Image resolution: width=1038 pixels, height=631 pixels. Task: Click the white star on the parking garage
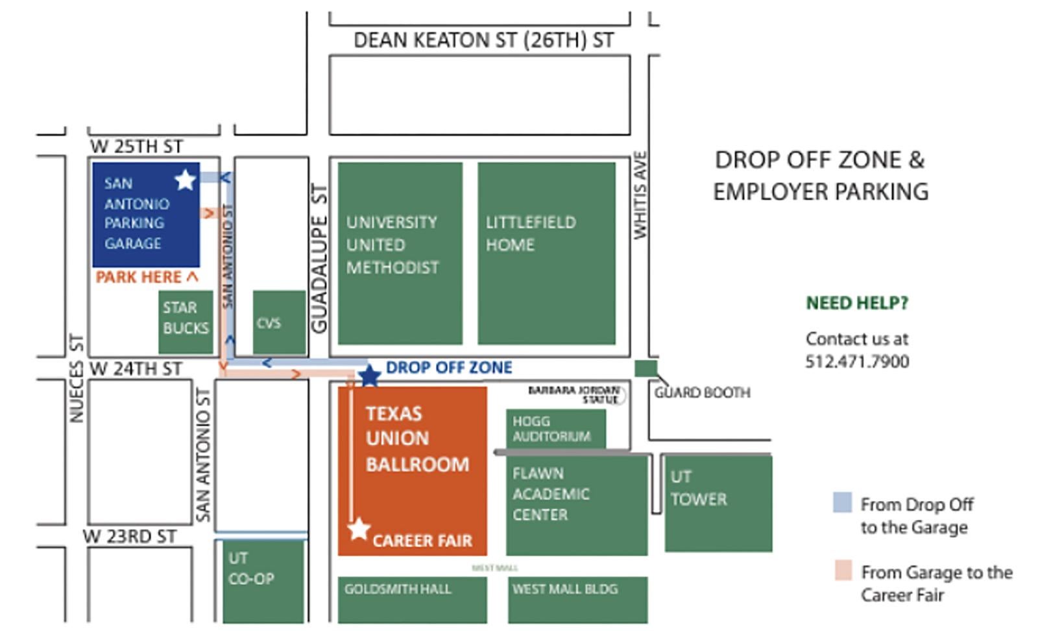[x=185, y=180]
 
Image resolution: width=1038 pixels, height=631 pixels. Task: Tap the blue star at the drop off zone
[x=369, y=375]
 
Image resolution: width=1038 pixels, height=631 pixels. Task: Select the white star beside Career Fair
[x=358, y=529]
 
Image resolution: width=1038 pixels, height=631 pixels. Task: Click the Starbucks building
[x=186, y=322]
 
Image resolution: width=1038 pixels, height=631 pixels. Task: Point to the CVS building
[x=279, y=322]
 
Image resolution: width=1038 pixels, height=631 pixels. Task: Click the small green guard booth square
[x=646, y=368]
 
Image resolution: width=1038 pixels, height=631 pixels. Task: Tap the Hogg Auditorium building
[x=555, y=429]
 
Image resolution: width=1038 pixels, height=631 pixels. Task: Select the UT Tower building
[x=718, y=503]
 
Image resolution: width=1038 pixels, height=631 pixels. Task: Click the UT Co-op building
[x=263, y=581]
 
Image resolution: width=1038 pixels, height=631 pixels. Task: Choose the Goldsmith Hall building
[x=412, y=598]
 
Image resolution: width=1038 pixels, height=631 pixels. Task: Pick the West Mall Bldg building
[x=577, y=598]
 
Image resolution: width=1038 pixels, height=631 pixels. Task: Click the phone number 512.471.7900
[x=857, y=361]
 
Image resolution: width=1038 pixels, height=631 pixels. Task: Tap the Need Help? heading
[x=857, y=303]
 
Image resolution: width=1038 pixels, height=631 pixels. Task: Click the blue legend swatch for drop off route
[x=842, y=503]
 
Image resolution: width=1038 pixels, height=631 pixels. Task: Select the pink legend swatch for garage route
[x=843, y=570]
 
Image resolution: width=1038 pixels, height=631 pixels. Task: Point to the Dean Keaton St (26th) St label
[x=483, y=40]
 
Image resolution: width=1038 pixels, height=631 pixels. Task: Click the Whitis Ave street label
[x=640, y=195]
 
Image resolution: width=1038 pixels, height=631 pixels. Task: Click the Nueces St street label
[x=77, y=379]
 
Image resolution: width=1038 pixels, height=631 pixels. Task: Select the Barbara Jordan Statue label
[x=573, y=394]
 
